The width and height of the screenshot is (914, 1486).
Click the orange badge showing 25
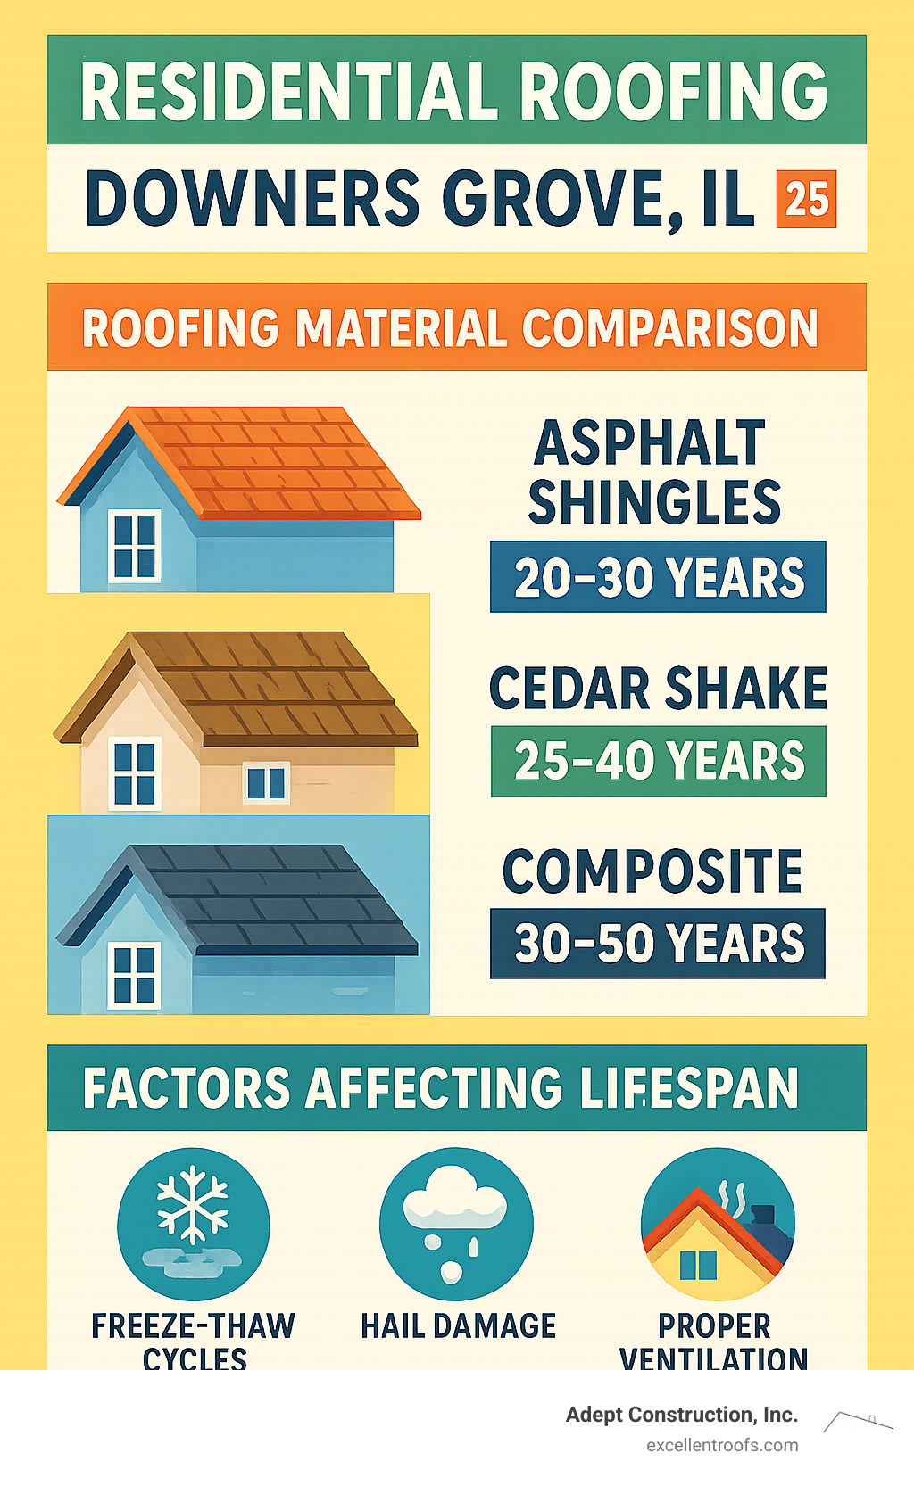(807, 199)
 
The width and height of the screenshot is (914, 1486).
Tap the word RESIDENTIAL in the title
(289, 91)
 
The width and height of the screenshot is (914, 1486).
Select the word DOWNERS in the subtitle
(253, 198)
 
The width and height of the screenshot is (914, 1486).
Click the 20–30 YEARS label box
(658, 576)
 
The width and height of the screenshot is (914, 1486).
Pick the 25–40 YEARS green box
(659, 761)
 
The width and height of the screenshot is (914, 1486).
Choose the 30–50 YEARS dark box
(658, 944)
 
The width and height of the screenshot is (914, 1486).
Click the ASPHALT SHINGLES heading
(653, 473)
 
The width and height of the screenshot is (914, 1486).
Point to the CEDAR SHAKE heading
(658, 688)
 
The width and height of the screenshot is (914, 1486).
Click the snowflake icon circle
(193, 1224)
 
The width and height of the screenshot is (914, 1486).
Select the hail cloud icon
(456, 1224)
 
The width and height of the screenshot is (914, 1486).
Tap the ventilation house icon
(718, 1224)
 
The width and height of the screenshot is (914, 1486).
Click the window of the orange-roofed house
(135, 546)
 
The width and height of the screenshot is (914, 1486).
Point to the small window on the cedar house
(266, 783)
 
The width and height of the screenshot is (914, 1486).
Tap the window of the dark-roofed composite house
(135, 975)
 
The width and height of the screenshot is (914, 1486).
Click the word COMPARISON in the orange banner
(669, 327)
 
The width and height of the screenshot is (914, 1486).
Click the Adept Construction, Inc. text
(682, 1415)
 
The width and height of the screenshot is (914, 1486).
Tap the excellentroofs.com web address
(723, 1446)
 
